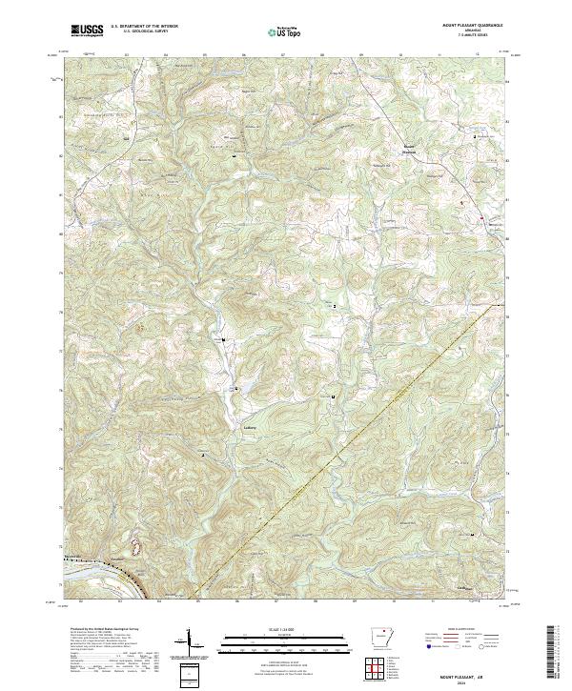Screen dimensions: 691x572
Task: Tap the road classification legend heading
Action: tap(460, 630)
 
